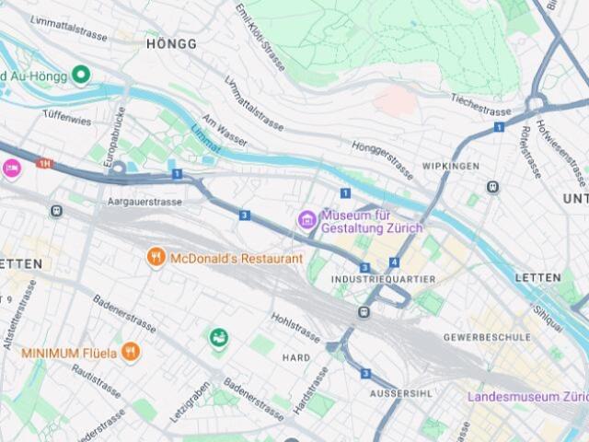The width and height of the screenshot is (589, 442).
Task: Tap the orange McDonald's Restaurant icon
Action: click(x=156, y=258)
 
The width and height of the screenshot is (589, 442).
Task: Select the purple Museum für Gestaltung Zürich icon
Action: click(x=306, y=219)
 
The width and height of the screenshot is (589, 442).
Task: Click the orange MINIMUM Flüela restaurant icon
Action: click(x=132, y=352)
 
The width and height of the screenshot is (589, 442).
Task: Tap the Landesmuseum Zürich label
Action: click(x=527, y=397)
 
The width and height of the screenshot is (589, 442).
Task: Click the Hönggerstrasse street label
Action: click(x=383, y=159)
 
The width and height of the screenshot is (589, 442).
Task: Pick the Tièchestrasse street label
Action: click(x=480, y=104)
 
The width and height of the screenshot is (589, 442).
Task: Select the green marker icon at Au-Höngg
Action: click(x=81, y=74)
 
